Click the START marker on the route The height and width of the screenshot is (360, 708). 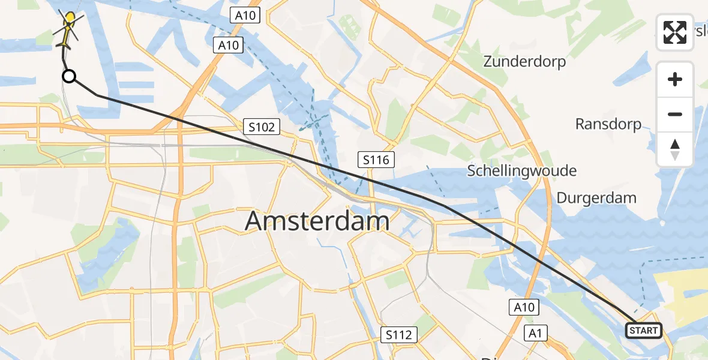coord(643,331)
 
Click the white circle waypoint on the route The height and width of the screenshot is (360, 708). coord(69,76)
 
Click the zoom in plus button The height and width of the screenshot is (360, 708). coord(675,79)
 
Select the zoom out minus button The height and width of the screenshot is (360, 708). coord(675,114)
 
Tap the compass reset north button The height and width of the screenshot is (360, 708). coord(675,149)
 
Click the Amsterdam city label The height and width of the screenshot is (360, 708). coord(317,221)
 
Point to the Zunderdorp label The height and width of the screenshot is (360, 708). coord(524,61)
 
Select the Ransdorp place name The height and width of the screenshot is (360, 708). coord(608,124)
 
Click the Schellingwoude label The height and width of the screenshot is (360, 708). coord(521,171)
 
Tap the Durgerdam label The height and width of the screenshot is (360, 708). coord(596,198)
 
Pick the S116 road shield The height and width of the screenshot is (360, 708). coord(376,160)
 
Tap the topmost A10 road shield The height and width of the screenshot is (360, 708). coord(245,16)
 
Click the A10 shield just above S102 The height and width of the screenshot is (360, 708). coord(229,45)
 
